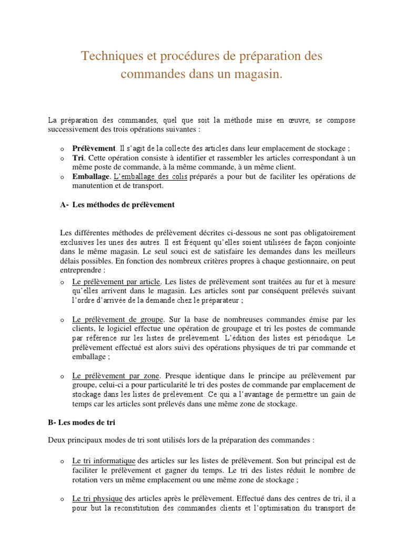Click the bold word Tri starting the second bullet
coord(78,157)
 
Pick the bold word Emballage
coord(91,176)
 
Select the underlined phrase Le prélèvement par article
coord(116,281)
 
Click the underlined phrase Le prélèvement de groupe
coord(118,319)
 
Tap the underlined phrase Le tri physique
coord(97,498)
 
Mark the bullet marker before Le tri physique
coord(62,499)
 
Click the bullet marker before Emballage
coord(62,177)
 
